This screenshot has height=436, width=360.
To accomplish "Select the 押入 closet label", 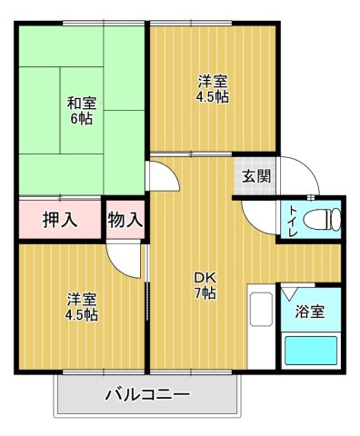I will [x=59, y=219].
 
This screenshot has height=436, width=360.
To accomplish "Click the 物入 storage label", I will [x=125, y=219].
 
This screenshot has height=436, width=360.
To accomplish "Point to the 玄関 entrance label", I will [x=255, y=176].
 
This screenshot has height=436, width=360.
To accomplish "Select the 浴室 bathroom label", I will [x=309, y=312].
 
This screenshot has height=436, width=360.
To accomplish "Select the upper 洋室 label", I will [x=213, y=79].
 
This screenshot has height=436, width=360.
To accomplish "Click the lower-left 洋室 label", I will [x=81, y=300].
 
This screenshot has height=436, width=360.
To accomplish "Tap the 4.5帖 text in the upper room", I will [x=213, y=95].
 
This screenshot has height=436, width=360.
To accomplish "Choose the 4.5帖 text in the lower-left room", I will [x=81, y=316].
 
